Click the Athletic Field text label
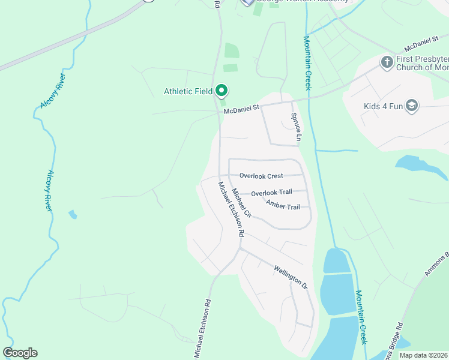click(x=188, y=91)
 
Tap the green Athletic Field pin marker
click(x=221, y=91)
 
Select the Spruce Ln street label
click(x=295, y=127)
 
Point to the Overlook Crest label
click(x=261, y=176)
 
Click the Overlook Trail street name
click(x=271, y=193)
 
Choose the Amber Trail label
click(x=283, y=206)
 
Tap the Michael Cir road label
click(x=242, y=203)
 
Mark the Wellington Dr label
click(x=291, y=278)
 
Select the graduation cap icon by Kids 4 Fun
click(x=412, y=106)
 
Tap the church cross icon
click(x=387, y=61)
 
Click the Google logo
click(x=20, y=353)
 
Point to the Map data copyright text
click(x=423, y=355)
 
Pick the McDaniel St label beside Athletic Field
click(x=241, y=109)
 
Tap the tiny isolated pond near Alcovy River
click(x=73, y=214)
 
